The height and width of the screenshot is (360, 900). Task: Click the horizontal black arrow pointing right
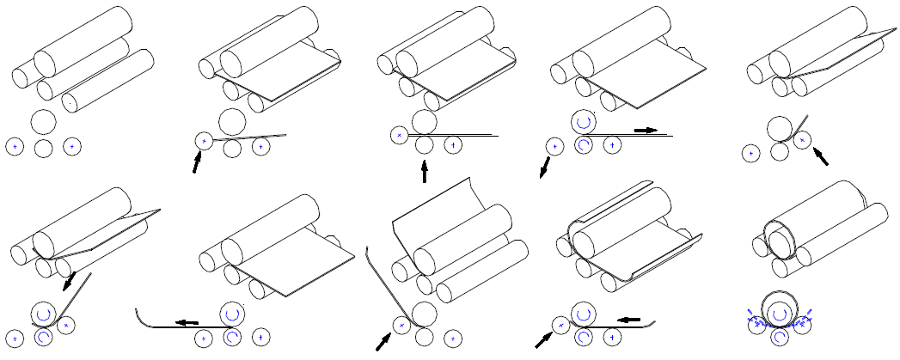point(646,130)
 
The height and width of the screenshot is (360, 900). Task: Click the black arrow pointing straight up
point(424,172)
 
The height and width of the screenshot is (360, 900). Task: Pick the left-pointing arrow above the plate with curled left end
point(187,322)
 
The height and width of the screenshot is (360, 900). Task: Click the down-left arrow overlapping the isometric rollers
point(68,281)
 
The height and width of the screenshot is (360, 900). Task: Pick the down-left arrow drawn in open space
point(544,167)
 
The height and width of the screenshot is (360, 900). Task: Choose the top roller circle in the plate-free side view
point(43,120)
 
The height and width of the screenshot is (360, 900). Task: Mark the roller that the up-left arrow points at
point(802,139)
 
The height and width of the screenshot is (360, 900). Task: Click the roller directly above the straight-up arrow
point(424,145)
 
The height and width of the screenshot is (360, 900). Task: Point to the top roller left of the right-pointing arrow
point(583,122)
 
